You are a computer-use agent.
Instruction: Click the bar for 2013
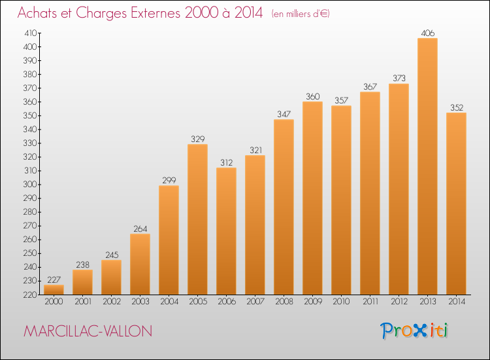(x=427, y=166)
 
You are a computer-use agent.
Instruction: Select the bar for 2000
(x=54, y=289)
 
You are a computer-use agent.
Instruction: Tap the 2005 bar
(x=197, y=219)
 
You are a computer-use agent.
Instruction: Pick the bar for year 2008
(x=284, y=207)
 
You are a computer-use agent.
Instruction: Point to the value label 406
(x=427, y=33)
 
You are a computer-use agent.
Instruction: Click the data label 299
(x=169, y=180)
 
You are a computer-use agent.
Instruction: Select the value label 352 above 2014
(x=457, y=108)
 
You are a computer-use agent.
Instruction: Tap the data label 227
(x=54, y=279)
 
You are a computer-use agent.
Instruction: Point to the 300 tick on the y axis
(x=30, y=185)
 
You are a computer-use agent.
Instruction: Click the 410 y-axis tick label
(x=31, y=33)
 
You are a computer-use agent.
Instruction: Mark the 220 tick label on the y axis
(x=30, y=295)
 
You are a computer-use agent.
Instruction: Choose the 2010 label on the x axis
(x=341, y=302)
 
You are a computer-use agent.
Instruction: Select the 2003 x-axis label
(x=140, y=302)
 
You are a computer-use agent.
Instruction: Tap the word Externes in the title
(x=155, y=12)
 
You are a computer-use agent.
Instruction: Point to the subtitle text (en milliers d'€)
(x=301, y=14)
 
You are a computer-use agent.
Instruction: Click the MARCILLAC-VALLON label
(x=88, y=331)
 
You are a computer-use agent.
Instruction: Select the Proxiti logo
(x=414, y=331)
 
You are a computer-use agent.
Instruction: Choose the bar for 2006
(x=226, y=231)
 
